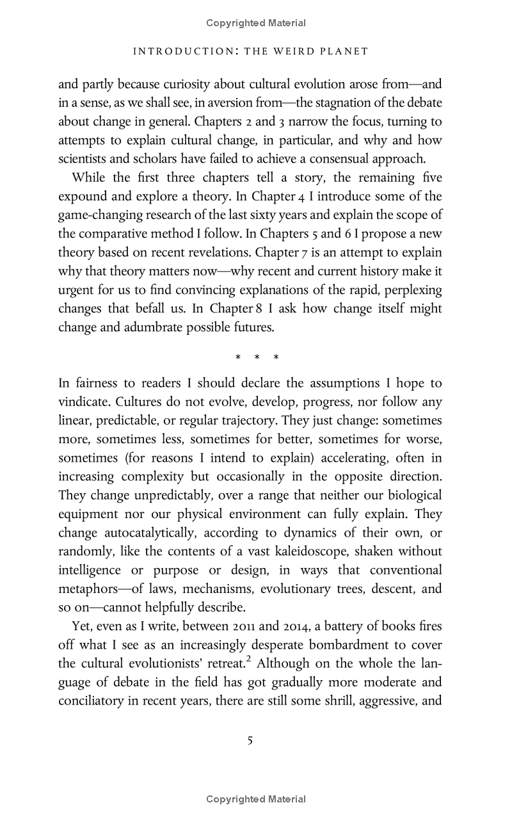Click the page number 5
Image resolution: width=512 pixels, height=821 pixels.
(250, 741)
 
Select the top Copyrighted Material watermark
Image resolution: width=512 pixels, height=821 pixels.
(256, 23)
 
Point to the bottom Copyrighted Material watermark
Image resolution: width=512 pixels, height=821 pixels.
(256, 799)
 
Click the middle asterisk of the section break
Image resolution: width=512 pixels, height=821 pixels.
(256, 357)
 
